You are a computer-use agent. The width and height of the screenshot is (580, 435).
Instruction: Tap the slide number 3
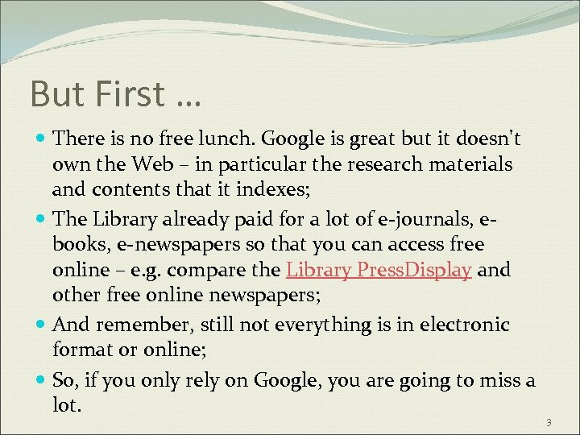tap(548, 423)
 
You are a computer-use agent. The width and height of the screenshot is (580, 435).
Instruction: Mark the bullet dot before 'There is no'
tap(40, 139)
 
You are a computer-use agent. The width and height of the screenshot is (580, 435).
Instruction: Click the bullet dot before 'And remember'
tap(40, 325)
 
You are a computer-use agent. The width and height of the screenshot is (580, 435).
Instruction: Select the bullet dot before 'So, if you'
tap(40, 379)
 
